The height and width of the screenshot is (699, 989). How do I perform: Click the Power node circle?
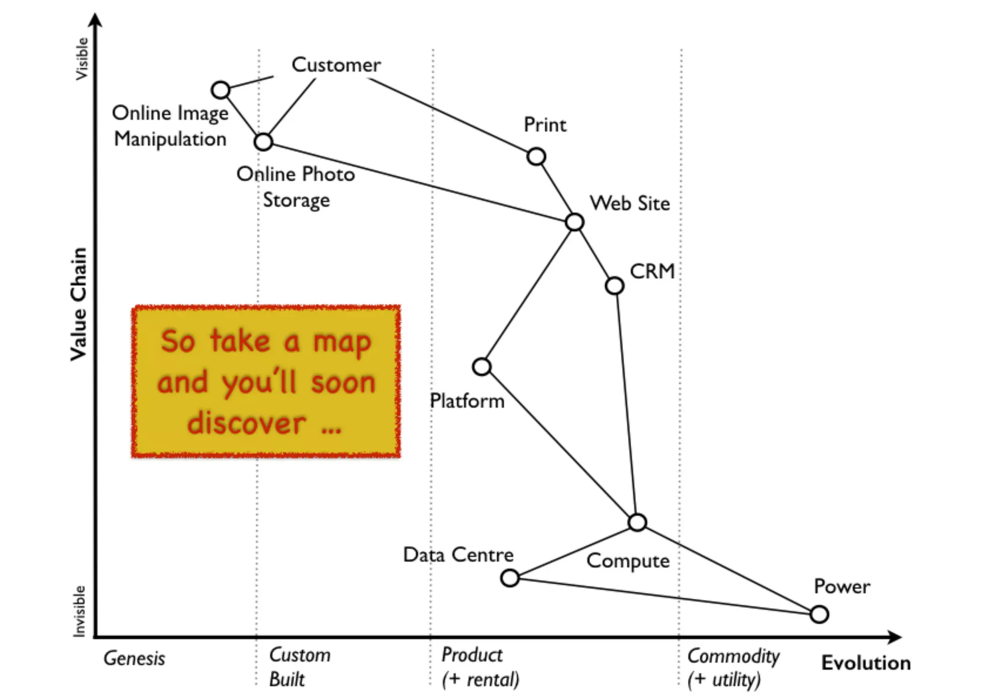tap(819, 614)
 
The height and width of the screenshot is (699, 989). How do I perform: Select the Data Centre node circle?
tap(510, 578)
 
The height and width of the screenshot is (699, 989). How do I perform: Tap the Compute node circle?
tap(637, 522)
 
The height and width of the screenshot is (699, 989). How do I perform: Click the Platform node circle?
tap(482, 367)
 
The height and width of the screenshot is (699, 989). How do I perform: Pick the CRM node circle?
tap(614, 285)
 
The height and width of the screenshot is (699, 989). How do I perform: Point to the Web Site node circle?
tap(575, 222)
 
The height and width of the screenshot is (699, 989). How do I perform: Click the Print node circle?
tap(536, 157)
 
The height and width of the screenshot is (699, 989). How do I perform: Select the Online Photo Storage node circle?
tap(263, 142)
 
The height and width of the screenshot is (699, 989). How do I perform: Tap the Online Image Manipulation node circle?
tap(221, 90)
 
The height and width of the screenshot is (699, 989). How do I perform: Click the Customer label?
tap(336, 65)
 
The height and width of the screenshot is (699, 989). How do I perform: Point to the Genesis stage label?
tap(134, 658)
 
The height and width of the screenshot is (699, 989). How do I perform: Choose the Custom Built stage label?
tap(299, 667)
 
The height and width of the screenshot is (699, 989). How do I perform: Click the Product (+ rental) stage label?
tap(480, 667)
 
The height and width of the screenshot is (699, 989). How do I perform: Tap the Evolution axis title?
tap(866, 663)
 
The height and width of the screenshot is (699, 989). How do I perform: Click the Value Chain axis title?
tap(79, 304)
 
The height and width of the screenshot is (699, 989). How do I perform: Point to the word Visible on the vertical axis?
tap(82, 58)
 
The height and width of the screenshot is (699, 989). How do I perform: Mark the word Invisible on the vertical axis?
tap(79, 611)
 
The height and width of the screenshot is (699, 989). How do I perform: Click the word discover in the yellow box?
tap(246, 423)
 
